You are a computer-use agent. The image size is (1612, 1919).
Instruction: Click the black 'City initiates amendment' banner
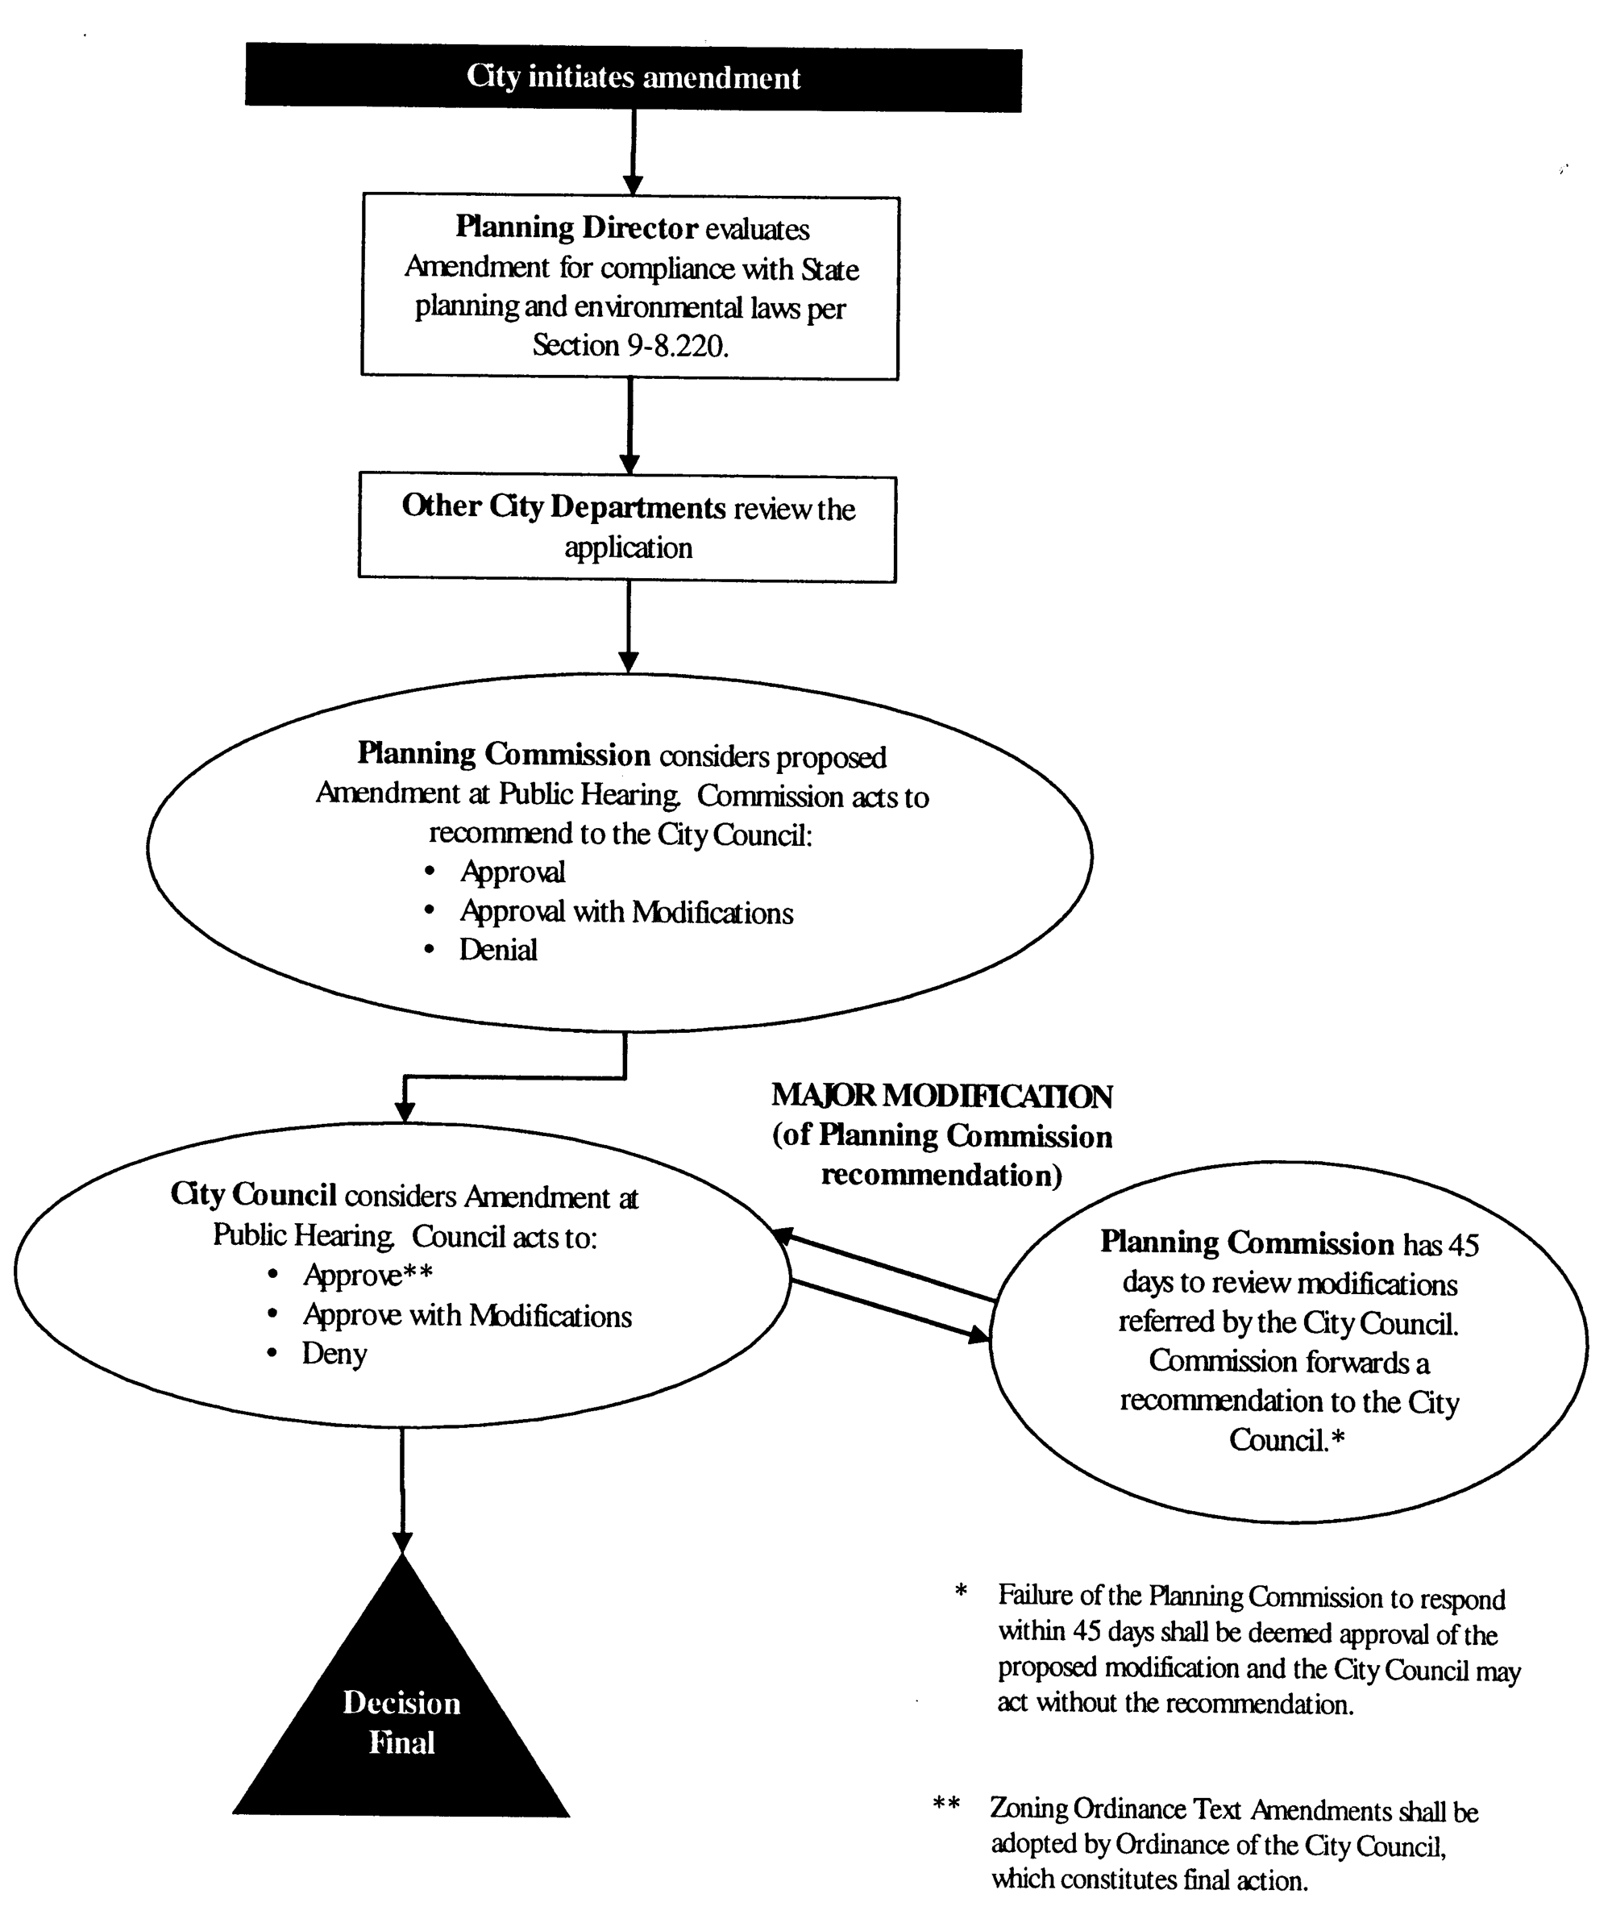[634, 77]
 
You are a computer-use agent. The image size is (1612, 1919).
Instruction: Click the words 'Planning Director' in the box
[576, 227]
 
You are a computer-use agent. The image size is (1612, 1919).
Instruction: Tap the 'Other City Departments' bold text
[563, 507]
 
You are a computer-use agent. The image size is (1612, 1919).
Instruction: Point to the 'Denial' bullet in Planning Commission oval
[498, 951]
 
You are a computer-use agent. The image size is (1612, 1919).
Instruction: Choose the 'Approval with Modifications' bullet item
[626, 913]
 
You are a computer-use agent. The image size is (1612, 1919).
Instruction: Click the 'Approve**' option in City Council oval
[368, 1276]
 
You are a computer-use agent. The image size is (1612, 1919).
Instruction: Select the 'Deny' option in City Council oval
[334, 1354]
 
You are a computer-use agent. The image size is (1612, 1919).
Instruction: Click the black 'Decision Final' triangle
[402, 1723]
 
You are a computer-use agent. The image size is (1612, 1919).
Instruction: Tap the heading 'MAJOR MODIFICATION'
[941, 1097]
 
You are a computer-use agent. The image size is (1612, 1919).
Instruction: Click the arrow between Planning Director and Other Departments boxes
[629, 425]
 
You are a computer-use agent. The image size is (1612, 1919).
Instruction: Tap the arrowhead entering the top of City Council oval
[405, 1111]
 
